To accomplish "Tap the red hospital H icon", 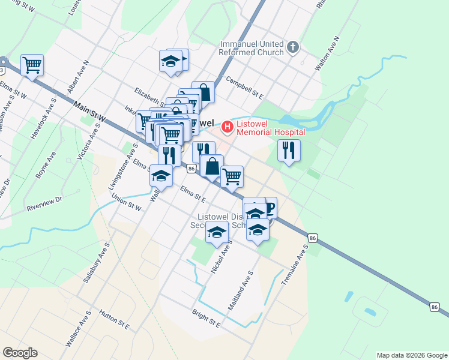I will click(x=228, y=127).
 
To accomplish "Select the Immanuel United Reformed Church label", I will click(x=252, y=49).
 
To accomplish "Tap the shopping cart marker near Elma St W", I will click(x=32, y=65).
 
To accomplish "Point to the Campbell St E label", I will click(x=244, y=87).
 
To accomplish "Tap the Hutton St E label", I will click(x=115, y=322).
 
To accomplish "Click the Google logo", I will click(x=20, y=353).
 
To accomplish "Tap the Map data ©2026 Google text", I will click(x=411, y=355).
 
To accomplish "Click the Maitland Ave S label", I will click(x=241, y=289).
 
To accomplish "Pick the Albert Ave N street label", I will click(x=78, y=76).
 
